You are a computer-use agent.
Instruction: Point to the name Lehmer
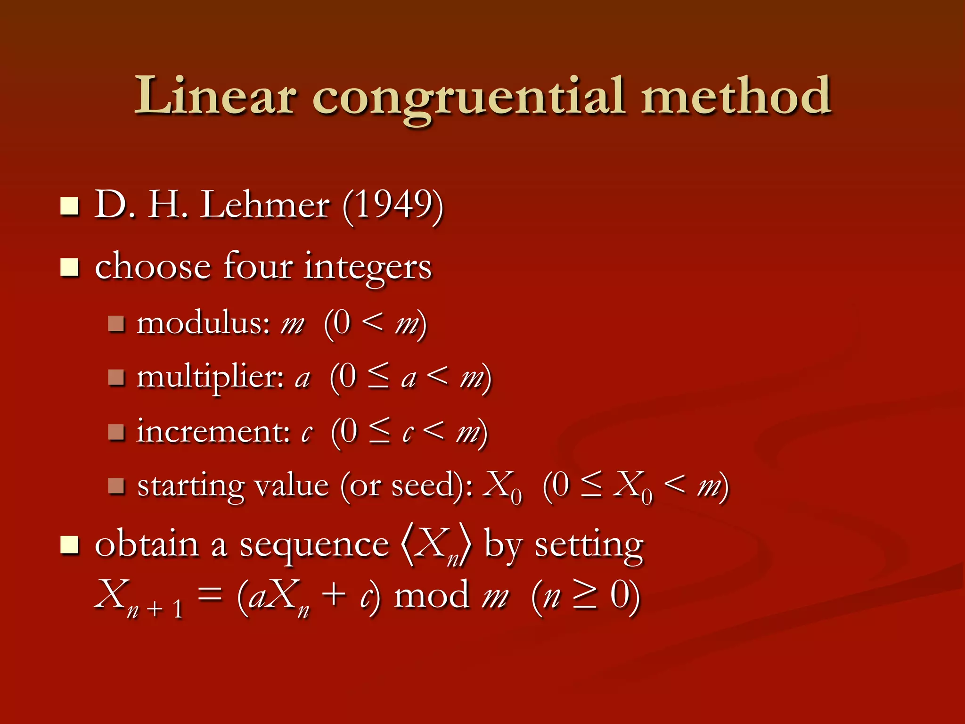[265, 206]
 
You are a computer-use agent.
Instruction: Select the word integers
[368, 268]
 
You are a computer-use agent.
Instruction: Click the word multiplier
[210, 378]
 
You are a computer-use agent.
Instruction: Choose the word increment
[213, 431]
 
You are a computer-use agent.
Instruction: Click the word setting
[589, 546]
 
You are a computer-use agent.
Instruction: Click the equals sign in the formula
[210, 595]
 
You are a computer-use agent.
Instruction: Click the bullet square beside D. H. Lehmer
[69, 206]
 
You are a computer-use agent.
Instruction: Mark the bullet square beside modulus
[116, 324]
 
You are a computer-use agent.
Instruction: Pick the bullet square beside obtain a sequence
[69, 545]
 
